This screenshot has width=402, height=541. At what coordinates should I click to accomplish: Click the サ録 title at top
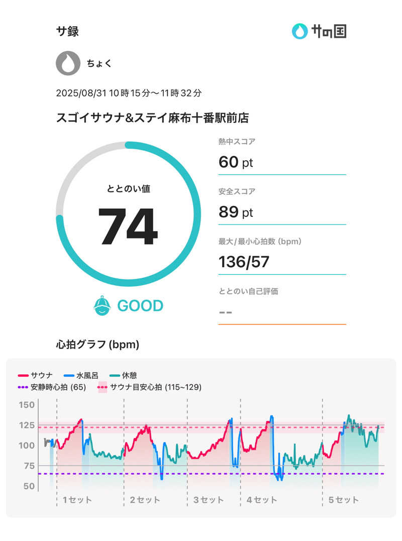point(67,31)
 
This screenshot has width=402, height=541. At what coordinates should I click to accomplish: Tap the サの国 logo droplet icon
point(299,31)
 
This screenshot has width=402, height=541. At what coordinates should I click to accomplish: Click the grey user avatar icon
point(67,63)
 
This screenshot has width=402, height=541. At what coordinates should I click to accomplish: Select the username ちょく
point(99,64)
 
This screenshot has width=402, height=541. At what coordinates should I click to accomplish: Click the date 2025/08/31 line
point(129,93)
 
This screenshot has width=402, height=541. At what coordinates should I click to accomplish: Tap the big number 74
point(128,227)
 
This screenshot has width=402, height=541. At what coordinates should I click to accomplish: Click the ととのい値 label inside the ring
point(128,189)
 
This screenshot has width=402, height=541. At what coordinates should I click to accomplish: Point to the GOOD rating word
point(140,306)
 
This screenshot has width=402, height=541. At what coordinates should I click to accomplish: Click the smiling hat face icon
point(103,305)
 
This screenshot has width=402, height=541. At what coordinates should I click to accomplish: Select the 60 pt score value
point(236,162)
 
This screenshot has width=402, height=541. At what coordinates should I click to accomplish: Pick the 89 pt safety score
point(236,212)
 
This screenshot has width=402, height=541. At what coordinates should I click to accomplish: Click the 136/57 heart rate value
point(244,262)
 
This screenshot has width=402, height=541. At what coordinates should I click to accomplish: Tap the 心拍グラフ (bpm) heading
point(97,345)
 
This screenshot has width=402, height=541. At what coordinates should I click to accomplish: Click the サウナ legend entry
point(37,375)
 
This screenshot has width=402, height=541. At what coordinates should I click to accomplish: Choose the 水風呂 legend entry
point(83,375)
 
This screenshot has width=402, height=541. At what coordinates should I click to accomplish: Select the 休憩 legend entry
point(123,375)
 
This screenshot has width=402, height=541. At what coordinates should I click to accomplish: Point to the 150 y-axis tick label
point(27,405)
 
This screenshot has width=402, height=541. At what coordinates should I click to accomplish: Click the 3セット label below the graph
point(209,500)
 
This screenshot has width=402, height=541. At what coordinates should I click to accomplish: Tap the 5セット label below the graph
point(344,500)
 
